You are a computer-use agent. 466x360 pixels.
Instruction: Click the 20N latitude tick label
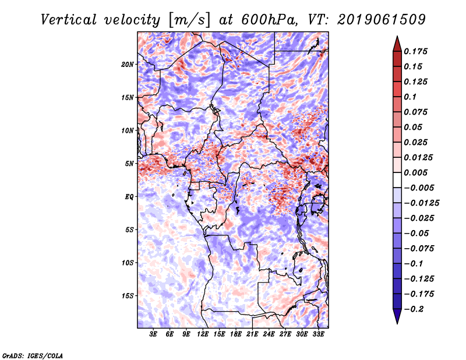(128, 65)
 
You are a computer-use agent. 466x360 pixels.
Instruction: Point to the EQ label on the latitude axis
(129, 197)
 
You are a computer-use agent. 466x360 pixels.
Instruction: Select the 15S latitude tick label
(128, 296)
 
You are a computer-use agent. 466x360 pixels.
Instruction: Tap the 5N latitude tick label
(129, 164)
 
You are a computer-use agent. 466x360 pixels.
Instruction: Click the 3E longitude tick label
(153, 334)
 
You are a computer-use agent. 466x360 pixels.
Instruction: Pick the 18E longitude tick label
(236, 334)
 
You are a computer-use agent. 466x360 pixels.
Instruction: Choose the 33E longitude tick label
(318, 334)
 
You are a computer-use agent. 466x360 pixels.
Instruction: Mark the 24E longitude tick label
(269, 334)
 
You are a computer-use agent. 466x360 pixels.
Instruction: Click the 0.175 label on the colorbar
(415, 51)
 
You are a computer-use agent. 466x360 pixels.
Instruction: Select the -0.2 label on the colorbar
(414, 309)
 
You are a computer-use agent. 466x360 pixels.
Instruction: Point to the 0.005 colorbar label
(415, 172)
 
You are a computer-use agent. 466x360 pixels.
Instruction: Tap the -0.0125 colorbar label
(422, 203)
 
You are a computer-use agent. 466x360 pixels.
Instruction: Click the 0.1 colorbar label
(410, 97)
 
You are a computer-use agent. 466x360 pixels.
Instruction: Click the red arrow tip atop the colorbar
(397, 36)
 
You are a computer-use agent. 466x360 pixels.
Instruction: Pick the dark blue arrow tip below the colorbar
(397, 323)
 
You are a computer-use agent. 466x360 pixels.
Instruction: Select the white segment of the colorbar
(397, 180)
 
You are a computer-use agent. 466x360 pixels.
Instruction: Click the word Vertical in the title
(69, 20)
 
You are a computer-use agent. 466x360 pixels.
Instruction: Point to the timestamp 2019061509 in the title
(382, 20)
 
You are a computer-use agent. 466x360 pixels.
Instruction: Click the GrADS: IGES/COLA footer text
(33, 355)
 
